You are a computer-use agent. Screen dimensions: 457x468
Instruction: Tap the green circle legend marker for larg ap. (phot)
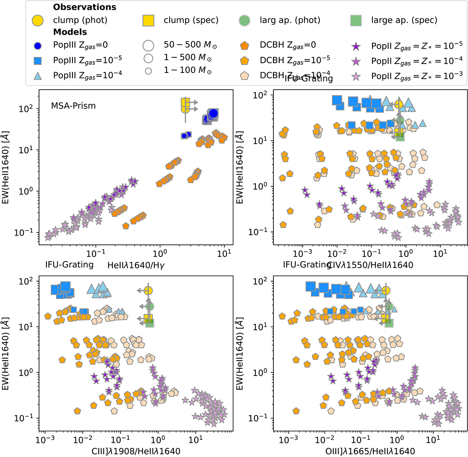(244, 20)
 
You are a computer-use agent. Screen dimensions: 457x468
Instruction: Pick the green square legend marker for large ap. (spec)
(356, 20)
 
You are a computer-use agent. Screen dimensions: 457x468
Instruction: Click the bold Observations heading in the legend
(85, 7)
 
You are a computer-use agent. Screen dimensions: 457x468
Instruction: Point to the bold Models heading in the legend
(70, 32)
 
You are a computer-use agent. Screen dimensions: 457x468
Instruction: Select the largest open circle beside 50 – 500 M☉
(148, 45)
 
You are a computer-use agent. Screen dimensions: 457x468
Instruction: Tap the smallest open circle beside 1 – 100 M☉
(148, 71)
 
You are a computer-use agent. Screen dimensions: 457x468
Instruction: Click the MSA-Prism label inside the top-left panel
(73, 106)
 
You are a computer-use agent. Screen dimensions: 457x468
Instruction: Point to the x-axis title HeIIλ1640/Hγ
(135, 265)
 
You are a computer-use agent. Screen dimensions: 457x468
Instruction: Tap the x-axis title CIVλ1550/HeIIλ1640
(370, 265)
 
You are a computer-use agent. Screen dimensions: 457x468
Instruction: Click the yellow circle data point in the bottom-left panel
(148, 290)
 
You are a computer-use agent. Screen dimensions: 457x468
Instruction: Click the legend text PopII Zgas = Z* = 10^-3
(417, 76)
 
